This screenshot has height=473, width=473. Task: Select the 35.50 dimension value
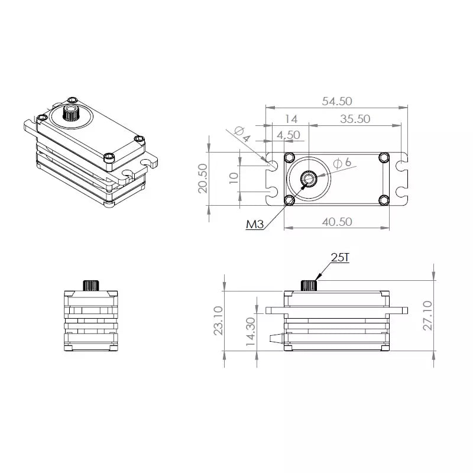coord(355,118)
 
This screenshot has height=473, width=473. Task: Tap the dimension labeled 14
coord(290,118)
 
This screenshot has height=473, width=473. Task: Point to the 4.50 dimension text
coord(289,135)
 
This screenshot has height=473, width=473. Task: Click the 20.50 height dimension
coord(202,179)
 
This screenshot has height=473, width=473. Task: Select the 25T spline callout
coord(341,257)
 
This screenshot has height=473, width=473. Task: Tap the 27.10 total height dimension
coord(429,315)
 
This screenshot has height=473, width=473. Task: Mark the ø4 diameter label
coord(242,134)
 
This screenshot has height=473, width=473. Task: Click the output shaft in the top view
coord(309,178)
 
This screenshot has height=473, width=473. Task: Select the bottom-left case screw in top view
coord(289,200)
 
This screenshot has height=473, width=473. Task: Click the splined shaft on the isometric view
coord(72,113)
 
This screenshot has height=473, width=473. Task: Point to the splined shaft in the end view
coord(92,284)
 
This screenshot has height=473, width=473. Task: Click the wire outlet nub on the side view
coord(276,339)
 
